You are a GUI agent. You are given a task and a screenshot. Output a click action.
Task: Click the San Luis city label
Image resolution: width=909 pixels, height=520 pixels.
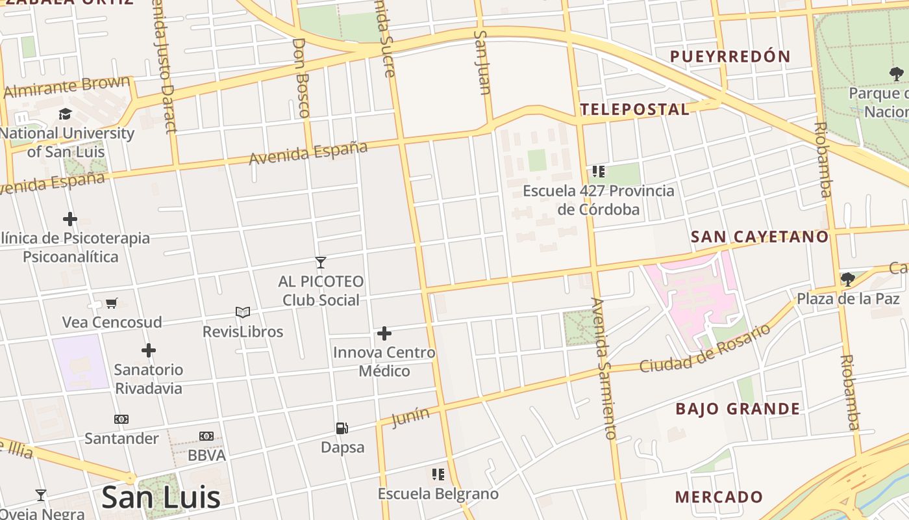point(161,497)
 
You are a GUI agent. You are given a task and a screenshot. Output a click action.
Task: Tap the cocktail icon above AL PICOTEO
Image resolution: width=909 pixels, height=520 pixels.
point(320,263)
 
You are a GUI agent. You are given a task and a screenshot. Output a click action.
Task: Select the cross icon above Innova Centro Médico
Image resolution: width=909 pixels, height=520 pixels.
point(384,333)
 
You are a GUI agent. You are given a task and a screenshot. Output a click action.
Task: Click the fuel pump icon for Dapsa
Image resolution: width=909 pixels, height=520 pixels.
point(342,428)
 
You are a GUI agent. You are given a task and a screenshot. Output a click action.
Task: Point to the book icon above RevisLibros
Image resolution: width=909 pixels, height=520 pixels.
point(243,313)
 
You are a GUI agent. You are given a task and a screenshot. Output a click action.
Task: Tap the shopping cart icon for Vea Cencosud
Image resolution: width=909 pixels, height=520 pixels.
point(112,303)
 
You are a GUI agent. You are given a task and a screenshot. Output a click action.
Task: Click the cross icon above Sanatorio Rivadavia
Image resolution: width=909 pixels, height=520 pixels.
point(149,350)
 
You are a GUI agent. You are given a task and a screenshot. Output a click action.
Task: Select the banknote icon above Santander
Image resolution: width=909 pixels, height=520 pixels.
point(121,419)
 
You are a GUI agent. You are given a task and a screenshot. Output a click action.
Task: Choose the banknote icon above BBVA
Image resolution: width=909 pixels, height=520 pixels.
point(206,436)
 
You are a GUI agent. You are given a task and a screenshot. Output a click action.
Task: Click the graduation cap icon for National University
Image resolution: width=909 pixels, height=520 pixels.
point(65,114)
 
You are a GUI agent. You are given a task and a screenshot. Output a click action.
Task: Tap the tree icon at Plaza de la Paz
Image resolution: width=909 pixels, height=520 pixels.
point(847,279)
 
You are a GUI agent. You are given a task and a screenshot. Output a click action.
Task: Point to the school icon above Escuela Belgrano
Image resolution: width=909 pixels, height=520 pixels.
point(438,474)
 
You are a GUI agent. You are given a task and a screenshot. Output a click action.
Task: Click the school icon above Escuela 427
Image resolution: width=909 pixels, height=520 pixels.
point(598,172)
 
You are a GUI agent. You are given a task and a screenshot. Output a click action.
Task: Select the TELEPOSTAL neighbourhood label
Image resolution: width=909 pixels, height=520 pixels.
point(634,109)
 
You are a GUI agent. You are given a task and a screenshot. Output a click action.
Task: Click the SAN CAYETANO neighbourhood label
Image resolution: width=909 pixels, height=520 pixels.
point(760,237)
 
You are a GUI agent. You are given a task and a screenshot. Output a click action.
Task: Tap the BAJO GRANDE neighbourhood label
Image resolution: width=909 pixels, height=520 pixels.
point(738,409)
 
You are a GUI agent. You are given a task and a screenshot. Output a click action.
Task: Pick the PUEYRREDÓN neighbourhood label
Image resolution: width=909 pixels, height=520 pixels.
point(730,57)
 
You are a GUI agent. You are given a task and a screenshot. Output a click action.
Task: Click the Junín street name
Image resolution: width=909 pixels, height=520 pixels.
point(410,417)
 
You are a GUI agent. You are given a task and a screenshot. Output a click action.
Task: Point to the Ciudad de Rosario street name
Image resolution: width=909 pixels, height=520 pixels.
point(705,348)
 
